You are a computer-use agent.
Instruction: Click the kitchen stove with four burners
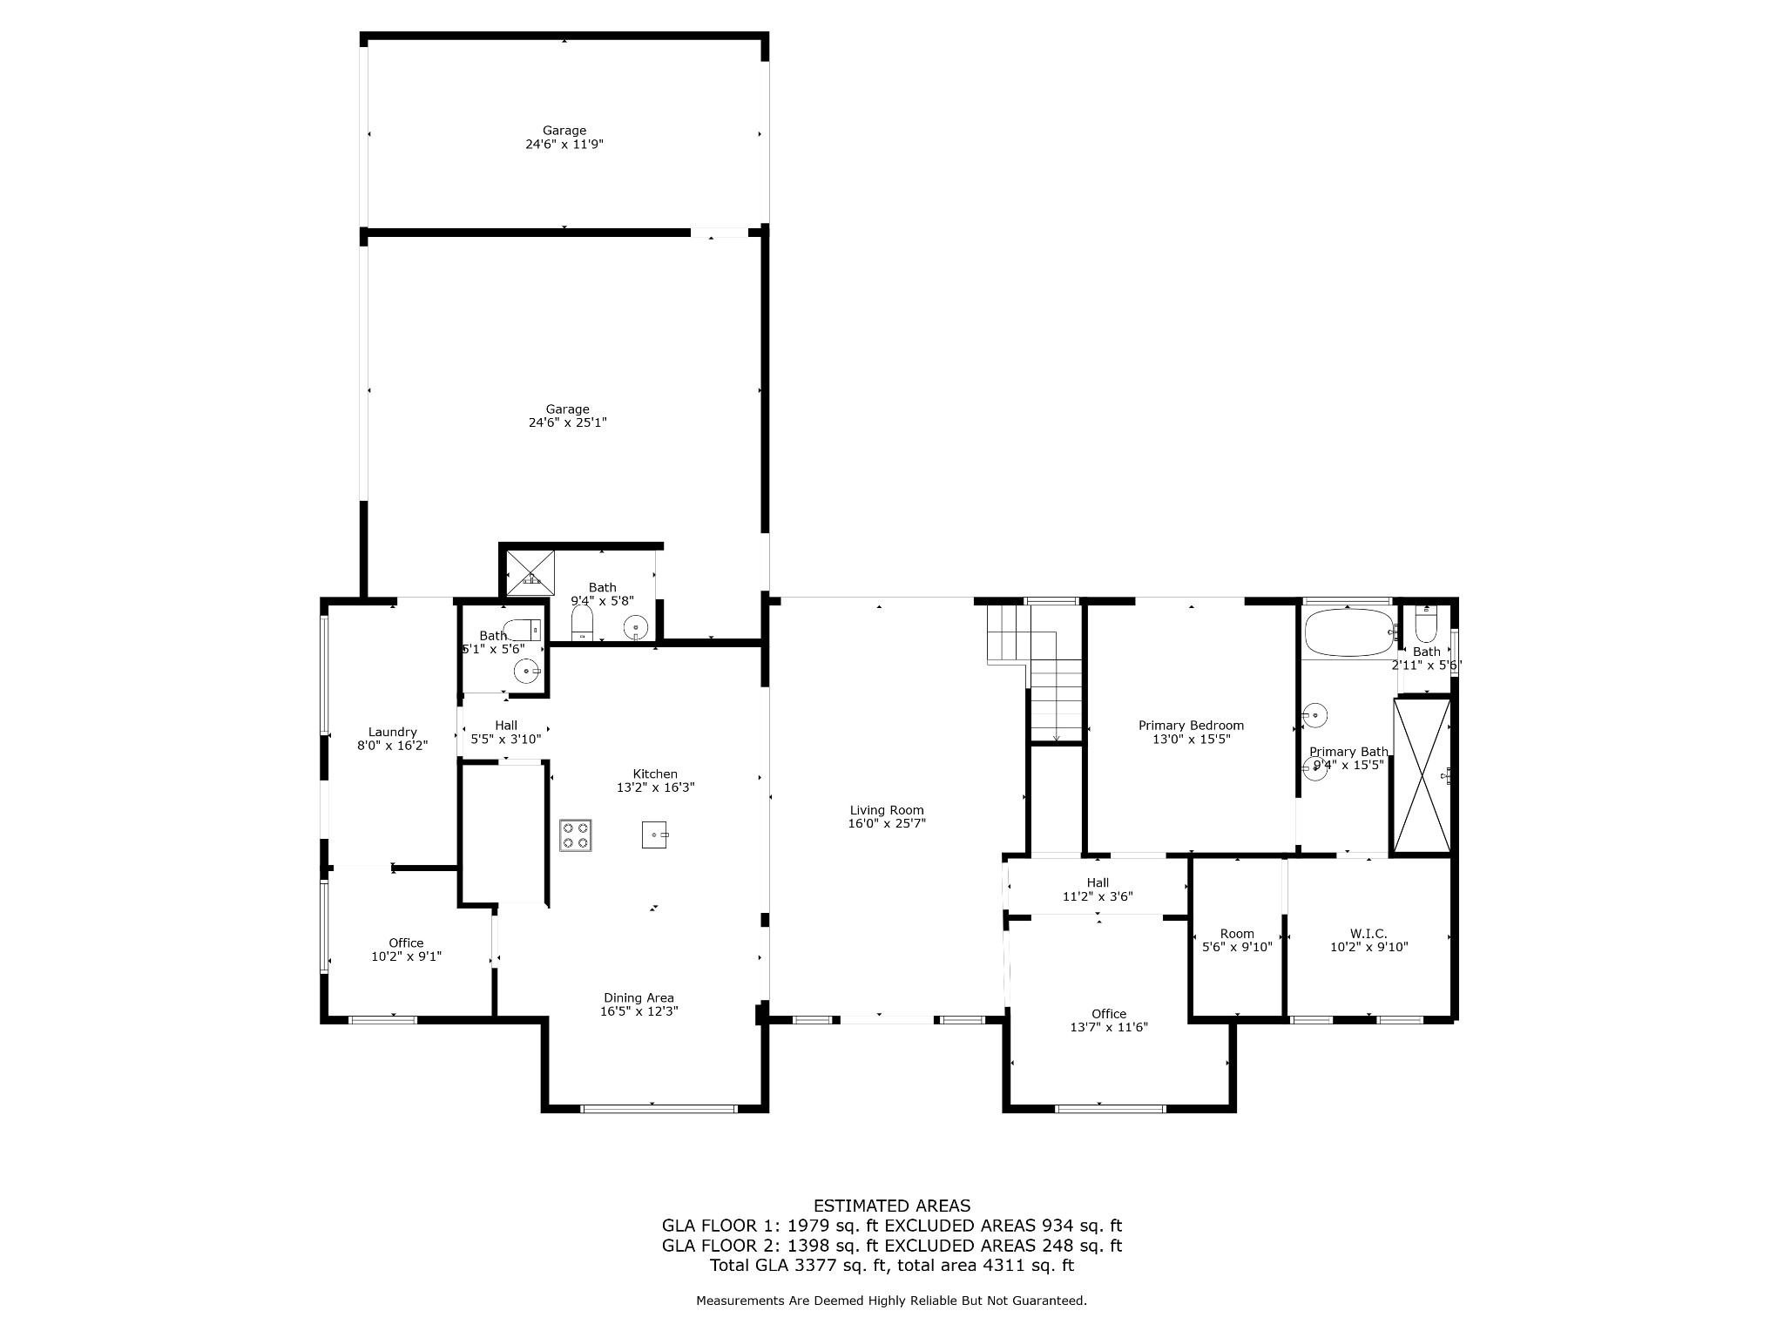coord(575,835)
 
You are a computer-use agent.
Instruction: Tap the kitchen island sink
coord(655,835)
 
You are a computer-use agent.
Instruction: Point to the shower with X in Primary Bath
coord(1422,775)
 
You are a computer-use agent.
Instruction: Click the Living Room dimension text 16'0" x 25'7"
coord(887,823)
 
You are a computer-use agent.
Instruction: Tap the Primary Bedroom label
coord(1191,726)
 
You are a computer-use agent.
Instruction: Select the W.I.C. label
coord(1368,934)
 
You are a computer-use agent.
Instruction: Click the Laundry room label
coord(392,733)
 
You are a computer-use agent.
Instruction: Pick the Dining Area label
coord(639,998)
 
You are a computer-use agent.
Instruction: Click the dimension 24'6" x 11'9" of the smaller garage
coord(564,145)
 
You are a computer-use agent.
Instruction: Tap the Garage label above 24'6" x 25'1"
coord(567,409)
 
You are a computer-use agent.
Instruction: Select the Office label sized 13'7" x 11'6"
coord(1108,1014)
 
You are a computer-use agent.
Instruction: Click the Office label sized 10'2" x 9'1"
coord(406,943)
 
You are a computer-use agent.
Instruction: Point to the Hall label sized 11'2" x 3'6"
coord(1098,883)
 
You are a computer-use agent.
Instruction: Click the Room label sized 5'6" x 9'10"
coord(1237,934)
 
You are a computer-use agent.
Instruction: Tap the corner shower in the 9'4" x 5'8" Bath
coord(530,573)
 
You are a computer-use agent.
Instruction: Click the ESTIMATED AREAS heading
coord(891,1206)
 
